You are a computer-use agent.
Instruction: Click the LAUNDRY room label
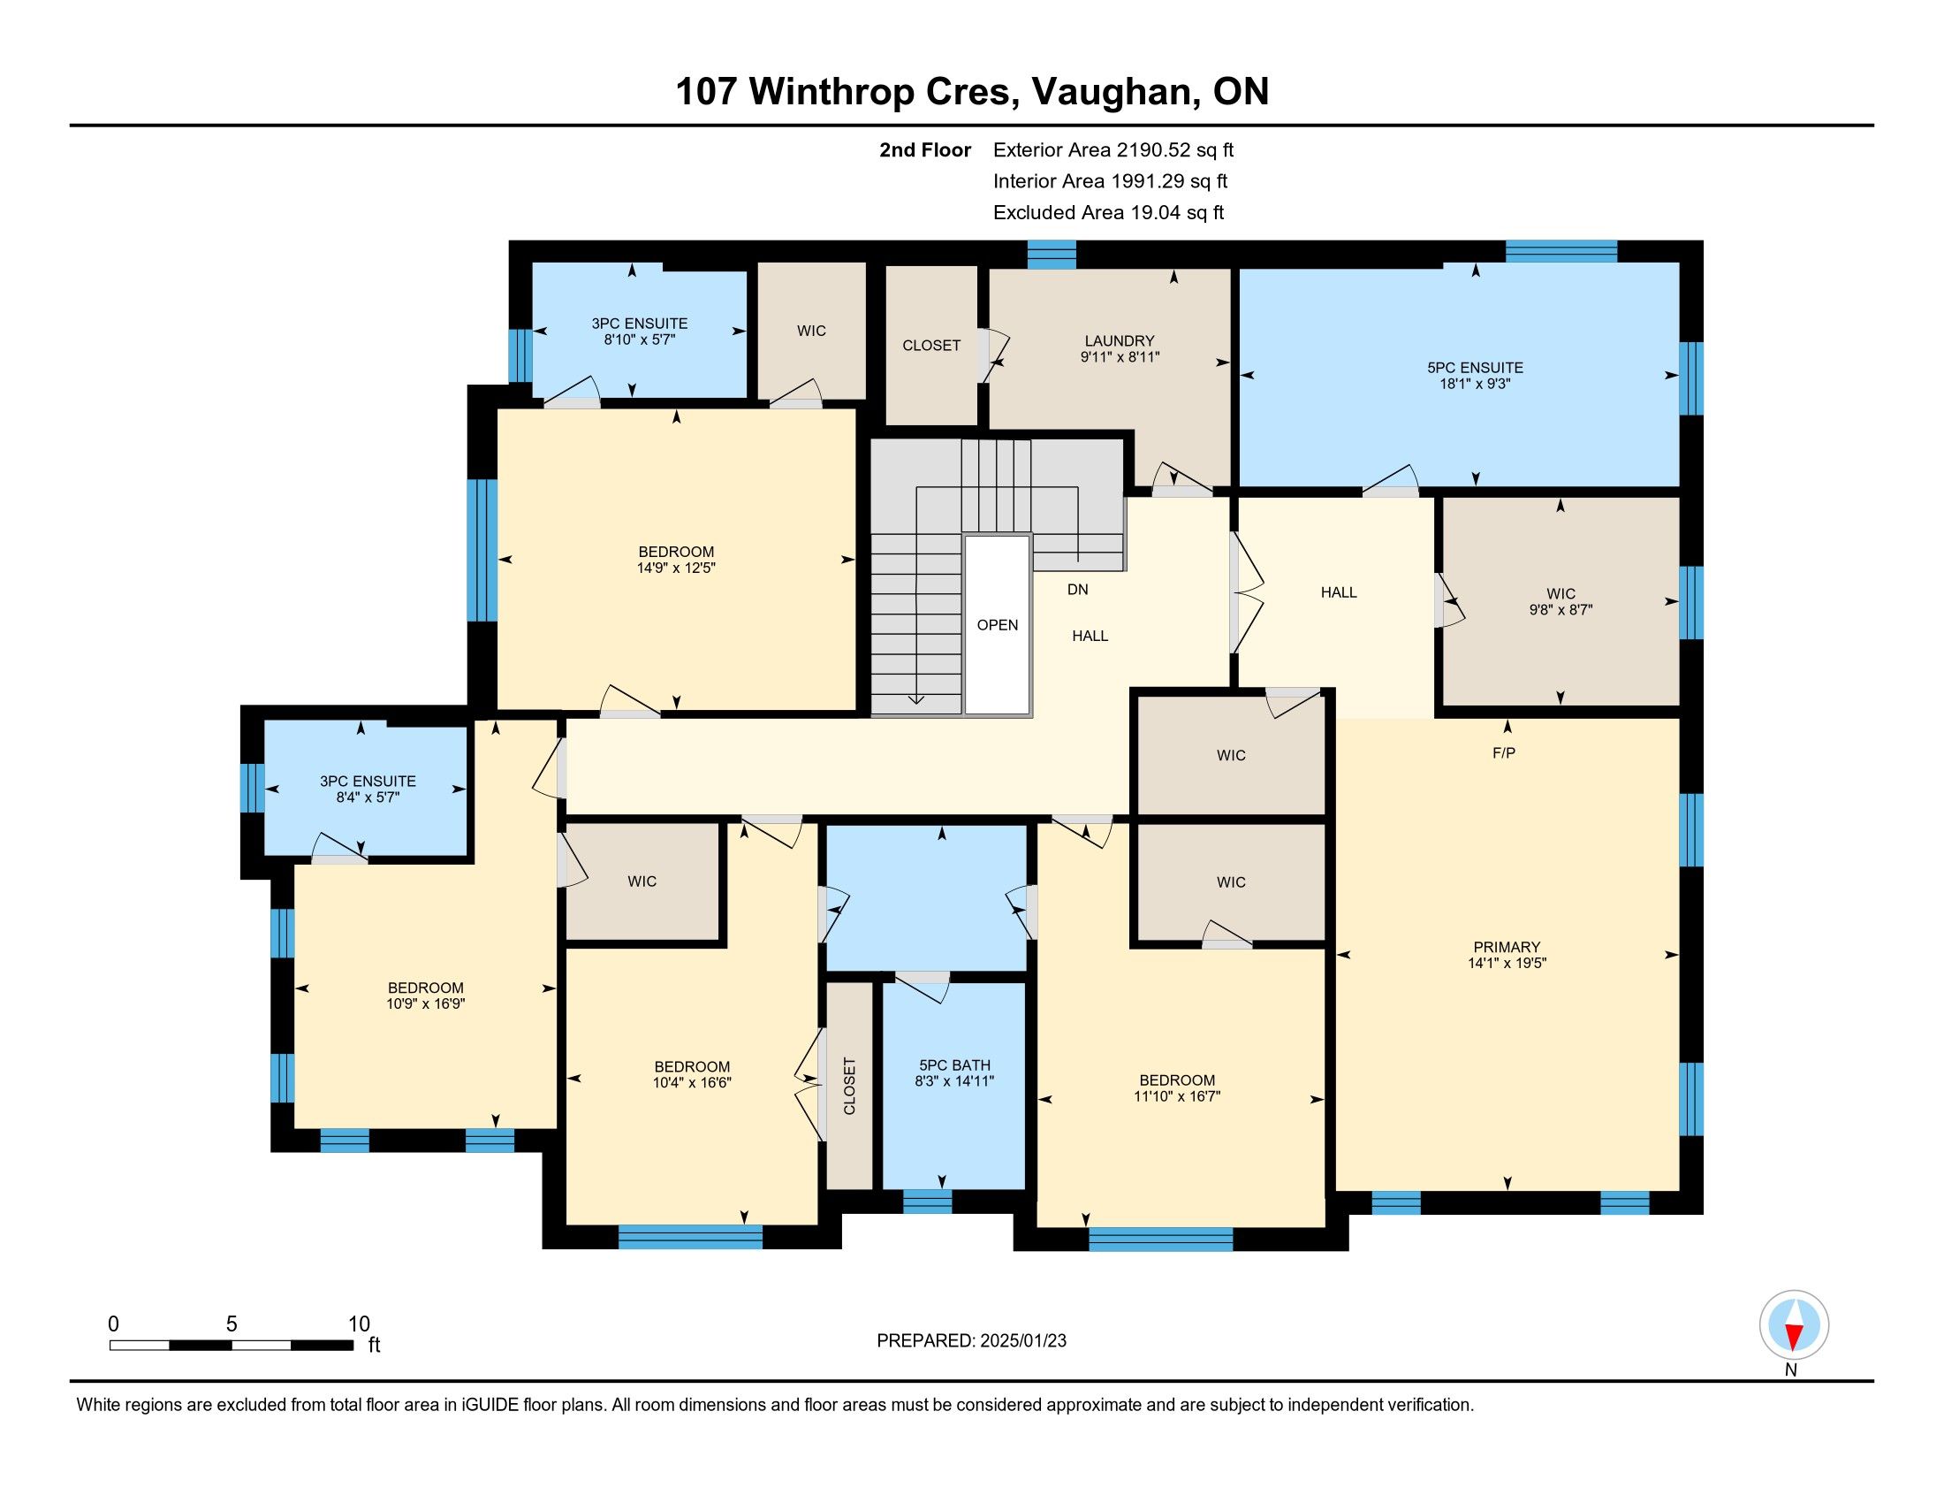click(1119, 341)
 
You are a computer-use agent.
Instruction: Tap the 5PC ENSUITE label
click(1475, 368)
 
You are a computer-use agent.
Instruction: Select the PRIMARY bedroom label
click(1506, 948)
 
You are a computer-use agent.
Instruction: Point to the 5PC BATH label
click(954, 1066)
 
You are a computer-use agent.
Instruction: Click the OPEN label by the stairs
click(997, 625)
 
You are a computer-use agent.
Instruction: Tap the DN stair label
click(1077, 590)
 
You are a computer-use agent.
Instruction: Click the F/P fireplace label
click(1503, 753)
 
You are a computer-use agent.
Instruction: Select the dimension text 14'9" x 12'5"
click(676, 568)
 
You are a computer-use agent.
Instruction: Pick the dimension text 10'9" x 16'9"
click(426, 1003)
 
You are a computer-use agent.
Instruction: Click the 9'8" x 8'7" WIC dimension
click(1561, 610)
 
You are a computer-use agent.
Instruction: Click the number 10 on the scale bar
click(359, 1324)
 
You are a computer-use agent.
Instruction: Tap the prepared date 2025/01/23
click(1022, 1341)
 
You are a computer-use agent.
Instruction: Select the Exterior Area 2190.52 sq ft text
click(1113, 149)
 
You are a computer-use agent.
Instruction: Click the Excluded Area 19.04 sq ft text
click(1108, 212)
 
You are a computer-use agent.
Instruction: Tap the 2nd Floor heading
click(925, 149)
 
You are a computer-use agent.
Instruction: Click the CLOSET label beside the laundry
click(931, 346)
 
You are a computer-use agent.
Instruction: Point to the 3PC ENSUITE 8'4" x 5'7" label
click(368, 789)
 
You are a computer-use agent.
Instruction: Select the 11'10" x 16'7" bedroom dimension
click(1177, 1096)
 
